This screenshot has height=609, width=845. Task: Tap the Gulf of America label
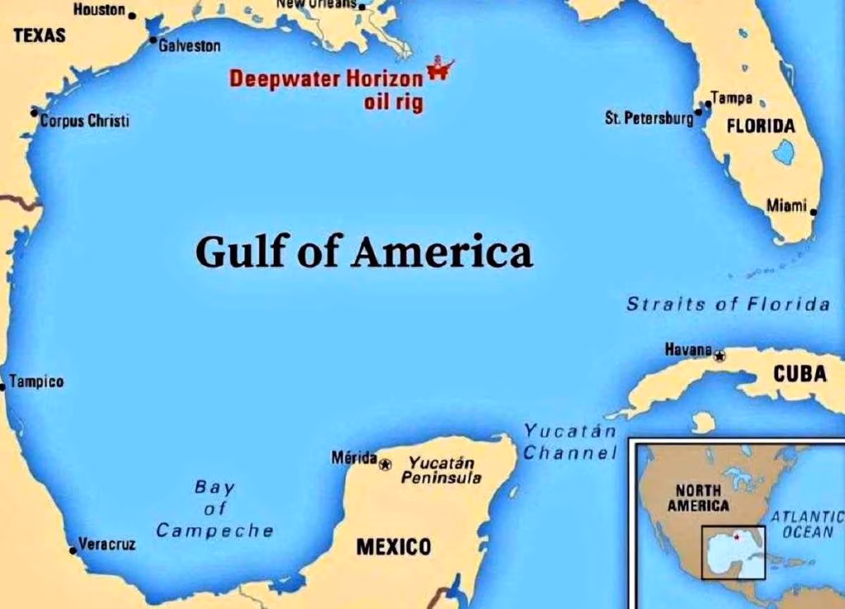[364, 252]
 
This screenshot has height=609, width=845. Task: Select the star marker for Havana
[720, 356]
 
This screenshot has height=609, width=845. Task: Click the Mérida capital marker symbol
[385, 465]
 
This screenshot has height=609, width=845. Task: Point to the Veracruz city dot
[73, 550]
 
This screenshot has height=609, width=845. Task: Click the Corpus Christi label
[84, 121]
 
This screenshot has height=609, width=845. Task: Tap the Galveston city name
[189, 46]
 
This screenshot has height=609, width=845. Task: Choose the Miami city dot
[813, 212]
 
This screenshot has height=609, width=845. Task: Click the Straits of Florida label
[728, 304]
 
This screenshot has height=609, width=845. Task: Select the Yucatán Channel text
[570, 441]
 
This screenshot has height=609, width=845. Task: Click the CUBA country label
[799, 374]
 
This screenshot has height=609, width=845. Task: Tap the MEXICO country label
[394, 546]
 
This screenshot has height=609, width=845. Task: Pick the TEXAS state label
[40, 35]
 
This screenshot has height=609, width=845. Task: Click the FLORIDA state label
[760, 126]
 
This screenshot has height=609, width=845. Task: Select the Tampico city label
[36, 383]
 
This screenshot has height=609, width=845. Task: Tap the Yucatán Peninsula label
[441, 470]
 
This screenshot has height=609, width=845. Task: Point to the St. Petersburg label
[649, 119]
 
